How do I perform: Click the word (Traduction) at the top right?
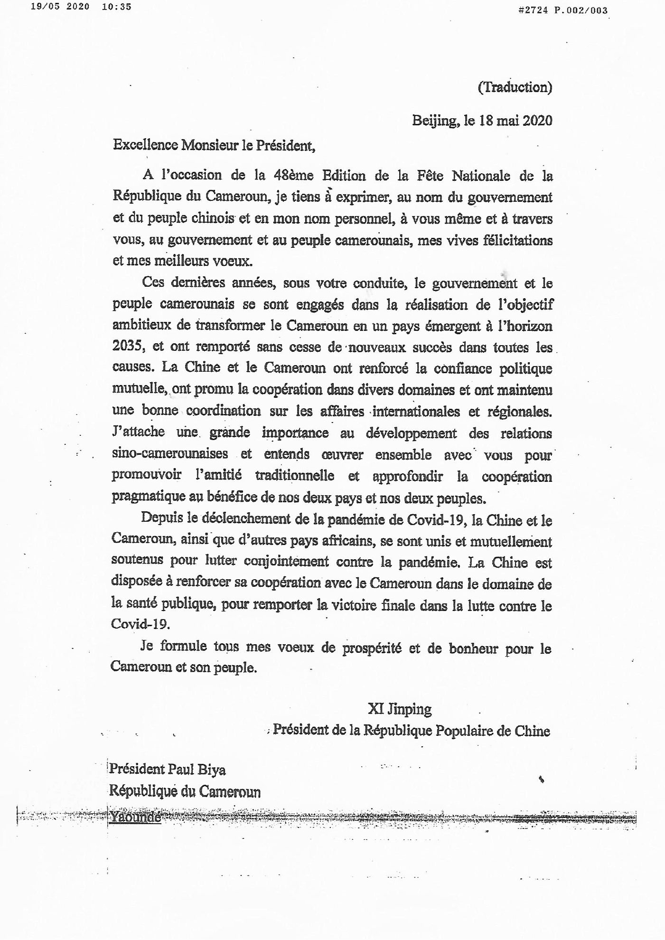(x=515, y=88)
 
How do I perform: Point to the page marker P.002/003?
(x=583, y=10)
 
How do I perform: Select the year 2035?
(x=128, y=346)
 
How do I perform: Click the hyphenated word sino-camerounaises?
(x=170, y=453)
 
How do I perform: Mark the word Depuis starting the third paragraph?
(x=162, y=519)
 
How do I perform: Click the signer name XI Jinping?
(x=399, y=710)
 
